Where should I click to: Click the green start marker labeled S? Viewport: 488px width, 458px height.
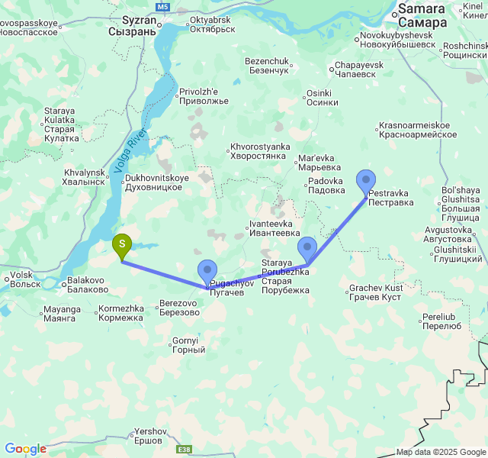tap(122, 245)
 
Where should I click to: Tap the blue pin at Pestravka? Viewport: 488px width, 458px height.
tap(366, 181)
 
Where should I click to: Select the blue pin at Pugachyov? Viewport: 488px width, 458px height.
tap(207, 271)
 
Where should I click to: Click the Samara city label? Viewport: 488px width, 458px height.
tap(422, 15)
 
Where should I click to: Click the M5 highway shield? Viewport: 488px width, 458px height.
tap(162, 6)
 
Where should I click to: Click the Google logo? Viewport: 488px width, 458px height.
tap(25, 449)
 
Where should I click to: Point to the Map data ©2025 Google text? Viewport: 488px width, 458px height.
tap(441, 452)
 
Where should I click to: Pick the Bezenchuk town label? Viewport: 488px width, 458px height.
tap(267, 66)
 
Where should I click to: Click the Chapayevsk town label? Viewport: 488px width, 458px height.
tap(357, 70)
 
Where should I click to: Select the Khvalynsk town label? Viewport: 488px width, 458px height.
tap(84, 177)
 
